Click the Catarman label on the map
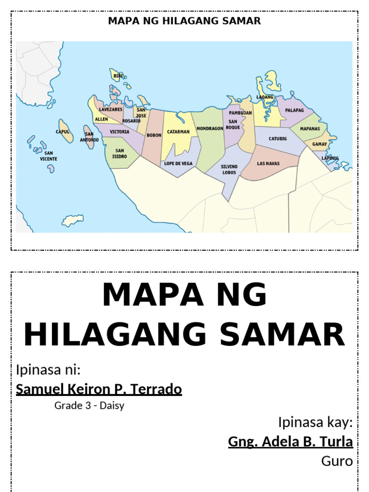click(x=178, y=132)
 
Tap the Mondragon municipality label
click(x=209, y=129)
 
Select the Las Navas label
click(x=268, y=164)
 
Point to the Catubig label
click(x=278, y=139)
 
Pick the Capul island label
click(x=62, y=132)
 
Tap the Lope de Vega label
click(x=178, y=164)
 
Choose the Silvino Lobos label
click(x=229, y=169)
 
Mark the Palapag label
click(x=295, y=110)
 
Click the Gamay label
click(x=320, y=144)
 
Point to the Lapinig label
click(x=330, y=158)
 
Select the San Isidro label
click(x=120, y=153)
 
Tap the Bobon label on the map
click(x=154, y=135)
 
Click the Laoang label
click(x=265, y=97)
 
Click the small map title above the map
click(x=184, y=21)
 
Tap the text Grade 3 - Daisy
click(x=89, y=406)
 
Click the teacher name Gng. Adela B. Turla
click(x=290, y=441)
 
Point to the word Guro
click(x=337, y=461)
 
